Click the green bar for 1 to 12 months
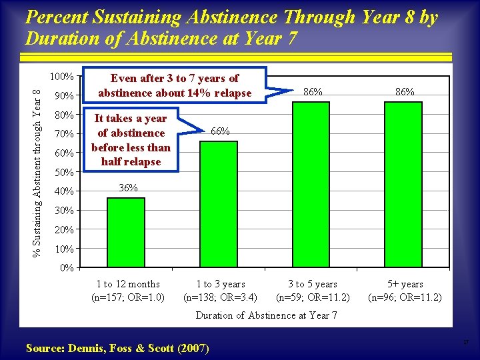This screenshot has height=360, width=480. pyautogui.click(x=126, y=233)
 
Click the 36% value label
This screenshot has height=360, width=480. pyautogui.click(x=127, y=189)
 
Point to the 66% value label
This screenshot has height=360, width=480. pyautogui.click(x=220, y=131)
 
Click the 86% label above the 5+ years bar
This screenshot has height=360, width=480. pyautogui.click(x=405, y=92)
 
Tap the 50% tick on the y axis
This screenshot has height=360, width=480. pyautogui.click(x=64, y=173)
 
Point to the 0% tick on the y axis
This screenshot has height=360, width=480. pyautogui.click(x=67, y=269)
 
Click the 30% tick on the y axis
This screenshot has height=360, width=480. pyautogui.click(x=64, y=211)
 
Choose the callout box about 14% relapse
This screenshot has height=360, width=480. pyautogui.click(x=175, y=86)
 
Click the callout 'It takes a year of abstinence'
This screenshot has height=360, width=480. pyautogui.click(x=131, y=140)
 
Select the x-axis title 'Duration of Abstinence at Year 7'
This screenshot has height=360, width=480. pyautogui.click(x=266, y=315)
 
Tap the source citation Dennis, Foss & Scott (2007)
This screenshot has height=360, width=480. pyautogui.click(x=117, y=348)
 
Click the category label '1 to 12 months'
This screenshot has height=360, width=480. pyautogui.click(x=128, y=284)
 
